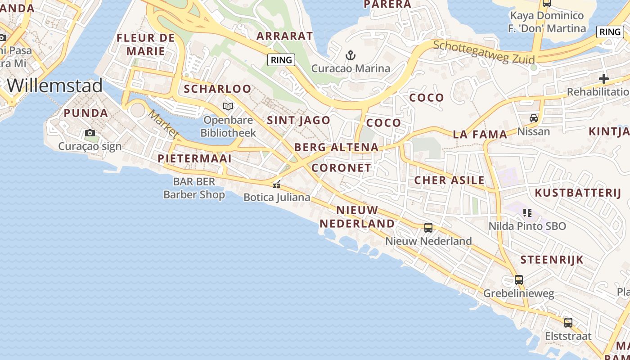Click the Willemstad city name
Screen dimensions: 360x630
pyautogui.click(x=55, y=85)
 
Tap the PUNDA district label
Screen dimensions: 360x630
pyautogui.click(x=86, y=113)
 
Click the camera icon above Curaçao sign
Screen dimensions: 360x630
pyautogui.click(x=90, y=133)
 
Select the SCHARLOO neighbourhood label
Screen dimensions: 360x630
pyautogui.click(x=217, y=89)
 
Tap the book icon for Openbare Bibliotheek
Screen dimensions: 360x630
pyautogui.click(x=228, y=107)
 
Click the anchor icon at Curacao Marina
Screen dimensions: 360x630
pyautogui.click(x=351, y=56)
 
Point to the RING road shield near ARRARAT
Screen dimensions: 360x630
pyautogui.click(x=281, y=59)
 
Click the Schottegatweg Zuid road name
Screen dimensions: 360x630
pyautogui.click(x=484, y=52)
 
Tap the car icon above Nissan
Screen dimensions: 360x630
pyautogui.click(x=534, y=118)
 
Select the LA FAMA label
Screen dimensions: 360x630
pyautogui.click(x=480, y=134)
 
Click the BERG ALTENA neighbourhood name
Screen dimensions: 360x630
pyautogui.click(x=336, y=147)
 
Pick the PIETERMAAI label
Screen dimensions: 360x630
pyautogui.click(x=194, y=158)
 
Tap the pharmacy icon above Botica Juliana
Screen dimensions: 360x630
pyautogui.click(x=277, y=184)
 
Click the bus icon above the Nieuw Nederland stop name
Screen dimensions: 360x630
pyautogui.click(x=428, y=228)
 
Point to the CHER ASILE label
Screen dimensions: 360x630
pyautogui.click(x=449, y=180)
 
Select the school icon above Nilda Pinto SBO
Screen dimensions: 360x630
pyautogui.click(x=527, y=212)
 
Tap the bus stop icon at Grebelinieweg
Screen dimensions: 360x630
pyautogui.click(x=519, y=280)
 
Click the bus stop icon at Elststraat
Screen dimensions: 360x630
pyautogui.click(x=568, y=323)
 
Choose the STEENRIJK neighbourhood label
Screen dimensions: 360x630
pyautogui.click(x=552, y=260)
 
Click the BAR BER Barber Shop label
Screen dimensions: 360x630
pyautogui.click(x=194, y=188)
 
